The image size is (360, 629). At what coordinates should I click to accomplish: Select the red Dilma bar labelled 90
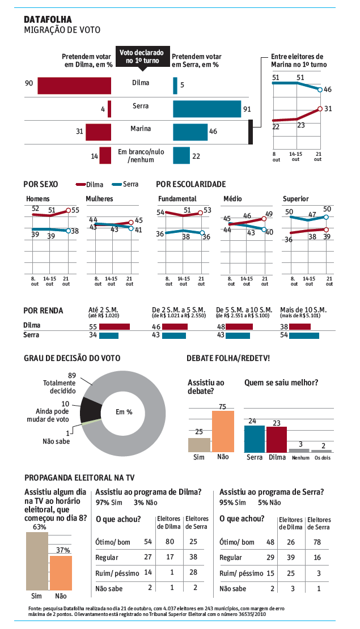point(74,86)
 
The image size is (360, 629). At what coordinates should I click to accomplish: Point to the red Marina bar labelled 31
point(98,131)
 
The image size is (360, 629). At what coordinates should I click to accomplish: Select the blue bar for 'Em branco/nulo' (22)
point(181,155)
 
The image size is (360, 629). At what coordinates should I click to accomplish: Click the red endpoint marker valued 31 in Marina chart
point(320,109)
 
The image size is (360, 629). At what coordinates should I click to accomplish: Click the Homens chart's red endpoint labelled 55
point(68,210)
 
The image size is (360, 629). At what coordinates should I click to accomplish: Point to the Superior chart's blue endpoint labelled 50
point(325,216)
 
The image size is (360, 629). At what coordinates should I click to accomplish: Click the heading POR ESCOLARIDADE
point(191,184)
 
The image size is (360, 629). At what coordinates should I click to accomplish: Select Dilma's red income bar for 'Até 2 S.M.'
point(115,326)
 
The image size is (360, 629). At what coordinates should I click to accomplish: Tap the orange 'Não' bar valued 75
point(223,431)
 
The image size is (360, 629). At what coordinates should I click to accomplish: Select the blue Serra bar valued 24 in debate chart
point(254,438)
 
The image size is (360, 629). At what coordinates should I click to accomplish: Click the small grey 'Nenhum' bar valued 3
point(299,450)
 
